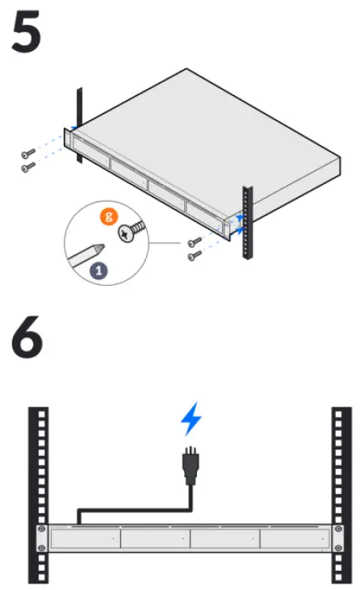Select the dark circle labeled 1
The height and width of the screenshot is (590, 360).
(x=99, y=270)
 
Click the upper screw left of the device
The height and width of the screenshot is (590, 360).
(x=28, y=153)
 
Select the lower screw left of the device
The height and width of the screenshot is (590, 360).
(x=28, y=166)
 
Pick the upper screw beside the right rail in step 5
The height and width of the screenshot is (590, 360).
(x=194, y=241)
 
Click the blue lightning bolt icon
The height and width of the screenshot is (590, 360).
(x=190, y=420)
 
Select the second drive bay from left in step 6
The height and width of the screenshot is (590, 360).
(x=155, y=538)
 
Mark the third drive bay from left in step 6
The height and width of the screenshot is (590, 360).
(x=225, y=538)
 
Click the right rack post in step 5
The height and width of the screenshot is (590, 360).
(x=248, y=222)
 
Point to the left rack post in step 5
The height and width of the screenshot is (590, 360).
(x=78, y=121)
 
